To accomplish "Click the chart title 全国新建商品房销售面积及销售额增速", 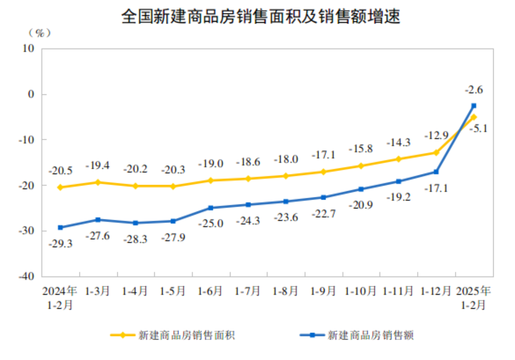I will (260, 16).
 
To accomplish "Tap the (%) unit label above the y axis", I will (39, 33).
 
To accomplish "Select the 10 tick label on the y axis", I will (28, 49).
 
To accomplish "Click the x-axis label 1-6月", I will (210, 291).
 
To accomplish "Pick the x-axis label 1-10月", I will (360, 291).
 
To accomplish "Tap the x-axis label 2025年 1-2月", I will (473, 298).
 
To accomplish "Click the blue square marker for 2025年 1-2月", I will (474, 106).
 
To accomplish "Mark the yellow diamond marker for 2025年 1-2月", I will (474, 117).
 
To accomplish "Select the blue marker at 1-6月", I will (211, 208).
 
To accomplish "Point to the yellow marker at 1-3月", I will (98, 182).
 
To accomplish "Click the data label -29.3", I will (60, 244).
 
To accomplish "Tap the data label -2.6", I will (474, 90).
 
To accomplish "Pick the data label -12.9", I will (436, 135).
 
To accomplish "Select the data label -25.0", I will (211, 223).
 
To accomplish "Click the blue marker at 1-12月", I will (436, 172).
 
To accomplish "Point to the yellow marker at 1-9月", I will (323, 172).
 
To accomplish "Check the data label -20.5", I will (60, 171).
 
